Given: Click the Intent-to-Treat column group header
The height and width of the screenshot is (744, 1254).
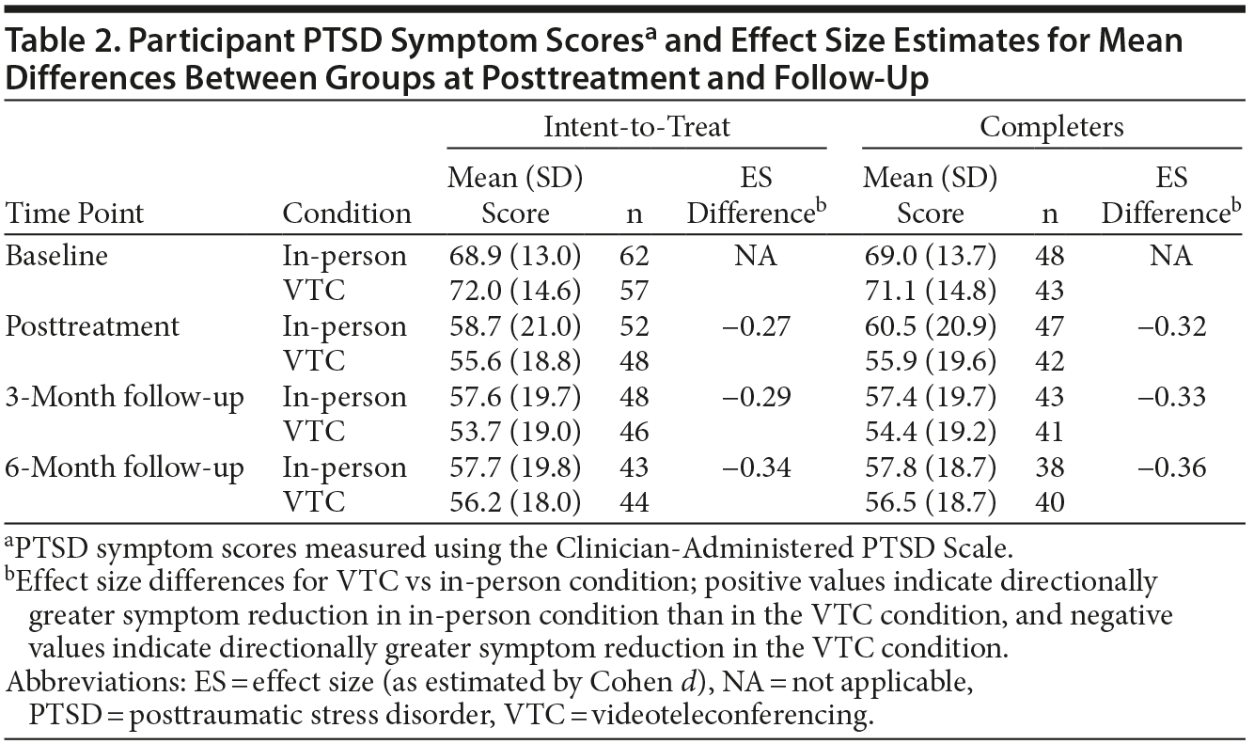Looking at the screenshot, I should point(636,126).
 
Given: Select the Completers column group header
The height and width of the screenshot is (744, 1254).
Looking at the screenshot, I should point(1052,126).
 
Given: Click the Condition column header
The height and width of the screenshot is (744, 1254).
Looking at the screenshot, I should point(347,213).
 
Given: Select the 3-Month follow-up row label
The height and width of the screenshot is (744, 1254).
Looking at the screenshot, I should point(124,397).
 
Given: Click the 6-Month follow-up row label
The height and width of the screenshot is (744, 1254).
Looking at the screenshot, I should point(124,467).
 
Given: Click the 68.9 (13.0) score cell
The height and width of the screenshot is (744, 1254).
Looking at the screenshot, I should point(514,256).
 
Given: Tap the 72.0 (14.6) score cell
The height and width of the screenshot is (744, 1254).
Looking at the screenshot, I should point(514,291).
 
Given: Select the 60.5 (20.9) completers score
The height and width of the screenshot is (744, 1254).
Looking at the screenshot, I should point(930,326).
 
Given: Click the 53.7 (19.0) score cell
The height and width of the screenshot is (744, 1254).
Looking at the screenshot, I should point(514,432).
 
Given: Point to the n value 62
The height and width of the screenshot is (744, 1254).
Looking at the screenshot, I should point(635,256).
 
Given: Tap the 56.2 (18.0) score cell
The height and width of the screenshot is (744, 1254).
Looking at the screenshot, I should point(514,502).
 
